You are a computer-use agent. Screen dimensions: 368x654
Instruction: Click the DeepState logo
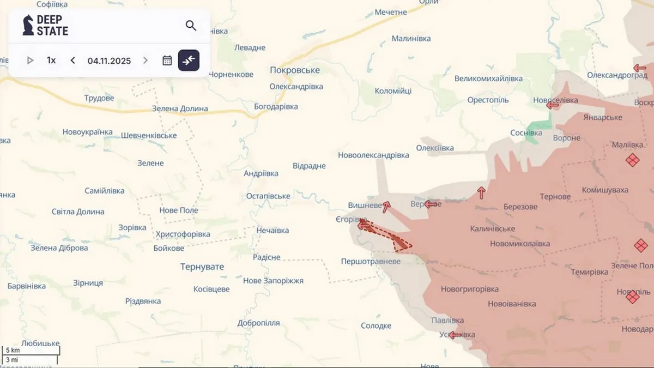click(x=45, y=26)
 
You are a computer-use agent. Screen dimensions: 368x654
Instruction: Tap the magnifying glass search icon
click(x=191, y=26)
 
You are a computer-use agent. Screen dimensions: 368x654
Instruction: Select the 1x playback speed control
click(x=51, y=61)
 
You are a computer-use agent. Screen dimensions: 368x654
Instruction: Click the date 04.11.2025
click(x=109, y=61)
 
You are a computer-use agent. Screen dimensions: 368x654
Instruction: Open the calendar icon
click(x=167, y=61)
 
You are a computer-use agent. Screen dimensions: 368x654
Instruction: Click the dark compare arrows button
click(x=189, y=61)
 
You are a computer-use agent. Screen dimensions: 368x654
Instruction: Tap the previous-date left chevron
click(x=73, y=61)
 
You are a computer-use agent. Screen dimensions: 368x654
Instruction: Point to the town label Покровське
click(x=295, y=70)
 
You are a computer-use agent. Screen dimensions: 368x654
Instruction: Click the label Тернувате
click(x=202, y=267)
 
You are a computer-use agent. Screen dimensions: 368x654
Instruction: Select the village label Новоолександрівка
click(x=373, y=155)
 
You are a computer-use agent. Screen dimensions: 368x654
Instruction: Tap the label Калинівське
click(x=493, y=229)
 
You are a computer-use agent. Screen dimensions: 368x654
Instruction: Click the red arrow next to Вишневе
click(x=386, y=207)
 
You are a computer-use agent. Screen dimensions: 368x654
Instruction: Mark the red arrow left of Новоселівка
click(x=553, y=105)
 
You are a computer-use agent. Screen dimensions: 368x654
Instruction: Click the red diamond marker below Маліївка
click(x=632, y=160)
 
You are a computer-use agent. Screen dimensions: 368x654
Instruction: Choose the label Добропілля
click(x=258, y=323)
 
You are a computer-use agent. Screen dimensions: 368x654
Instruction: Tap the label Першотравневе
click(x=371, y=262)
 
